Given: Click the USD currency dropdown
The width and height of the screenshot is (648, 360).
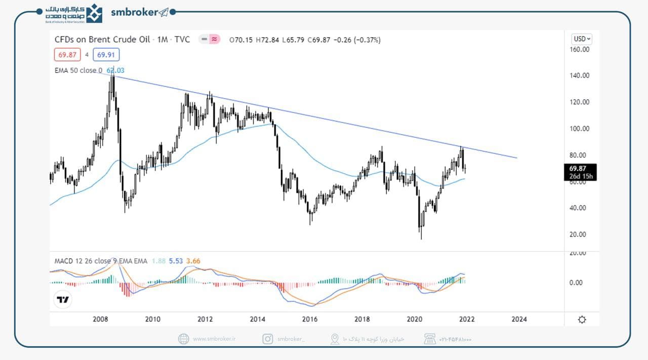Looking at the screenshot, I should pyautogui.click(x=582, y=39).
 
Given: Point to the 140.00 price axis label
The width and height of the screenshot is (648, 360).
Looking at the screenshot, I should pyautogui.click(x=579, y=75).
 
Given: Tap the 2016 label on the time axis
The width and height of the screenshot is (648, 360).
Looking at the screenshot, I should pyautogui.click(x=309, y=319).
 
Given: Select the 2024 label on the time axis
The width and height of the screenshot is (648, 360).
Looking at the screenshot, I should pyautogui.click(x=519, y=319).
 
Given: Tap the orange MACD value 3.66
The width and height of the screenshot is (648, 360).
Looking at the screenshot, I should pyautogui.click(x=193, y=261).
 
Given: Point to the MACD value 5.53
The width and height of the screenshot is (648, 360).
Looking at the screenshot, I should pyautogui.click(x=175, y=261).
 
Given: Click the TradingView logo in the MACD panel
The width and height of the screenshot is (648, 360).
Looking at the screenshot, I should pyautogui.click(x=63, y=299).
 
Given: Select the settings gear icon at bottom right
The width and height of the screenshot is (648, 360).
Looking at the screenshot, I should pyautogui.click(x=582, y=319).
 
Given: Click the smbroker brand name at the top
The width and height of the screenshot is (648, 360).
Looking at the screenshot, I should pyautogui.click(x=135, y=13).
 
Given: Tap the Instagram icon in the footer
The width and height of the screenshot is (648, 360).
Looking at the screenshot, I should pyautogui.click(x=267, y=339).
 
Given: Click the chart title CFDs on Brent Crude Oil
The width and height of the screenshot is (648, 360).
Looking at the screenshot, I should pyautogui.click(x=102, y=39).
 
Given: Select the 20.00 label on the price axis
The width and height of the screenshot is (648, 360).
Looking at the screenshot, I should pyautogui.click(x=579, y=234).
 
